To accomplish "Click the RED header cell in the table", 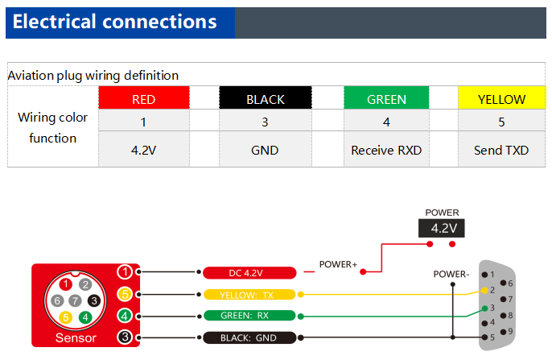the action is tap(144, 97).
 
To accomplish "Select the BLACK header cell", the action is tap(266, 97).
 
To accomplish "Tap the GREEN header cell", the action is tap(386, 97).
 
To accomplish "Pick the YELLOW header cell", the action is tap(501, 97).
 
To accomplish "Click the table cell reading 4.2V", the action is tap(144, 149).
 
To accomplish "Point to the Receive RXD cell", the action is tap(386, 149).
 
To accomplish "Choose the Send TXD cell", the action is tap(501, 149).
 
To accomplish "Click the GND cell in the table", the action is tap(266, 149).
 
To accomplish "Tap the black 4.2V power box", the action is tap(442, 228).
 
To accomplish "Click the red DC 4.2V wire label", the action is tap(249, 273).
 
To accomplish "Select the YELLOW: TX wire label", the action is tap(249, 295).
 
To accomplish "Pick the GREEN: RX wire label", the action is tap(249, 315).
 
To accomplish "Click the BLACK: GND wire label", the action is tap(249, 337).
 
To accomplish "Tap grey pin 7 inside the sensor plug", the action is tap(75, 301).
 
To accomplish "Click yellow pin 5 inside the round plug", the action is tap(65, 317).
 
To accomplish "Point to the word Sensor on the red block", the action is tap(76, 337).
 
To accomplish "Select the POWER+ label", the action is tap(338, 264).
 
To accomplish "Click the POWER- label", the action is tap(451, 274).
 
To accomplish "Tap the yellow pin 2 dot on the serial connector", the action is tap(484, 290).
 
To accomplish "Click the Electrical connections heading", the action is tap(115, 22).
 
